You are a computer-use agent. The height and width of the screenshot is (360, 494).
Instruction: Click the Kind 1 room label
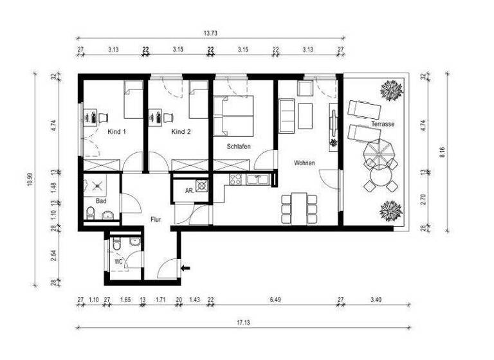(116, 132)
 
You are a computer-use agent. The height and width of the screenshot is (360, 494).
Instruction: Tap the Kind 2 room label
(181, 132)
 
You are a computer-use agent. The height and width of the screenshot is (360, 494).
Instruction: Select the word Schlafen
(238, 147)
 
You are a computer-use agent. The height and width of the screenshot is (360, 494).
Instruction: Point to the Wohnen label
(304, 163)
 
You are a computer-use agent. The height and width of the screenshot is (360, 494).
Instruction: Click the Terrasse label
(383, 123)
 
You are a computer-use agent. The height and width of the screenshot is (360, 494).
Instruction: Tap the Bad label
(100, 201)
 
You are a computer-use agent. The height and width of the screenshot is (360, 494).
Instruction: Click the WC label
(119, 262)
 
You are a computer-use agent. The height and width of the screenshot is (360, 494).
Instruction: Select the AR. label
(189, 191)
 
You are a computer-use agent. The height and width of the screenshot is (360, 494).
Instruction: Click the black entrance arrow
(186, 268)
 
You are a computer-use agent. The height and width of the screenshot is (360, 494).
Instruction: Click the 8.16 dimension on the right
(442, 152)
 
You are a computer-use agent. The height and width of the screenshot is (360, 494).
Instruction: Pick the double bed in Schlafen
(234, 116)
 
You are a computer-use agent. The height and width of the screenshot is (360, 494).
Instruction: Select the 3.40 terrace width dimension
(375, 300)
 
